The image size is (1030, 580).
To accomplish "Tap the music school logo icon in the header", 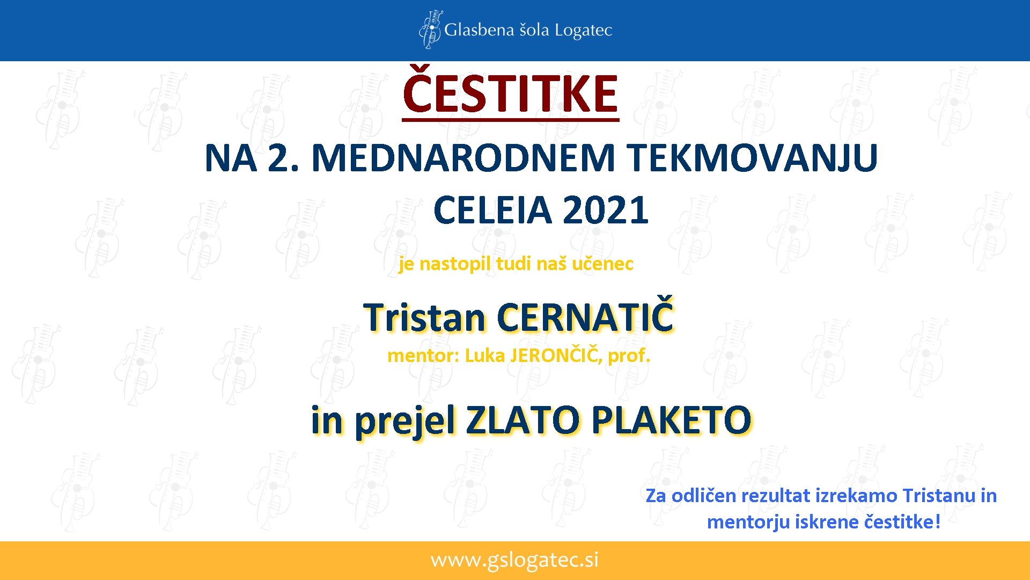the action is point(430,29).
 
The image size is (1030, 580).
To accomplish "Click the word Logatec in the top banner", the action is point(583,31).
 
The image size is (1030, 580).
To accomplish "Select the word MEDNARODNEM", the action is point(463,158).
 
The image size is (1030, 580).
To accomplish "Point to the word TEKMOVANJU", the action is point(754,158).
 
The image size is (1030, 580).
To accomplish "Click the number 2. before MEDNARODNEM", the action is point(283,158).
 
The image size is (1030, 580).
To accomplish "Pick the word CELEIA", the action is point(492,209).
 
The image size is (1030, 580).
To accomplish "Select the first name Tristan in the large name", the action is point(424,317).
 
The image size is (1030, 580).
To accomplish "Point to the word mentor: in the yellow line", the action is point(423,356).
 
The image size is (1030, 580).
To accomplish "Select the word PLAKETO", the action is point(672,420).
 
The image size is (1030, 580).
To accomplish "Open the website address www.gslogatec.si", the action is point(514,560).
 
